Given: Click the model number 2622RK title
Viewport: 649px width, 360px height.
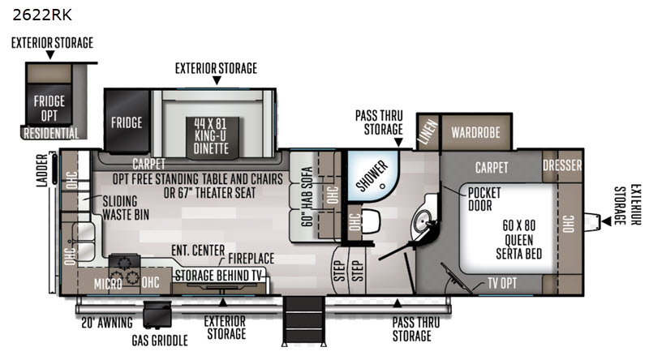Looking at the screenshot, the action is click(x=42, y=15).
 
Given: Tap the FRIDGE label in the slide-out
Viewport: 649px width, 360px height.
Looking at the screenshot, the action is click(x=127, y=122).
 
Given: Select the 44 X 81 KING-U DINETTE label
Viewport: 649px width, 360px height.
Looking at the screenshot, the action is click(x=211, y=135).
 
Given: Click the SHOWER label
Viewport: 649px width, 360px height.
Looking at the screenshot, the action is click(x=372, y=176).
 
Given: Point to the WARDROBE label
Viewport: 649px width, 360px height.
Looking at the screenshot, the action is click(x=475, y=132).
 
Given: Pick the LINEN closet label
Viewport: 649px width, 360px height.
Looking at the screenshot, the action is click(x=428, y=131).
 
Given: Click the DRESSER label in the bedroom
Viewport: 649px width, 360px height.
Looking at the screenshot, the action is click(x=562, y=165).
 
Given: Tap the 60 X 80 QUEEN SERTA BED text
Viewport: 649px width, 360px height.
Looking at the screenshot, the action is click(x=519, y=239).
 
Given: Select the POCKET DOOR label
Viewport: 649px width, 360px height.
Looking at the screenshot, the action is click(x=484, y=199).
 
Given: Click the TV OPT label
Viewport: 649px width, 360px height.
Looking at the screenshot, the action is click(x=502, y=283).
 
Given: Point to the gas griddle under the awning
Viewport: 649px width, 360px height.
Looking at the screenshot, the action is click(x=157, y=315).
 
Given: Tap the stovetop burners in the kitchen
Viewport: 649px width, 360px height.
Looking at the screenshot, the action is click(x=125, y=270).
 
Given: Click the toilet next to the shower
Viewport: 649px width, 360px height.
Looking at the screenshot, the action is click(x=370, y=221).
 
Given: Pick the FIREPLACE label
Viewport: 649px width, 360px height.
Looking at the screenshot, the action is click(x=251, y=259).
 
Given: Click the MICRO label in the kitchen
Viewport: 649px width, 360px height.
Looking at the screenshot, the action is click(x=108, y=285).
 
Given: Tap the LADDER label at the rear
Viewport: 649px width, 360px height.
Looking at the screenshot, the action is click(x=42, y=170).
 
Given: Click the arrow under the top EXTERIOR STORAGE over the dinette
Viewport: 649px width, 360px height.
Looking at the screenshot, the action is click(x=217, y=80).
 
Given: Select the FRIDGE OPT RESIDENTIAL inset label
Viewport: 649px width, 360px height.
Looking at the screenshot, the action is click(x=50, y=117).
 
